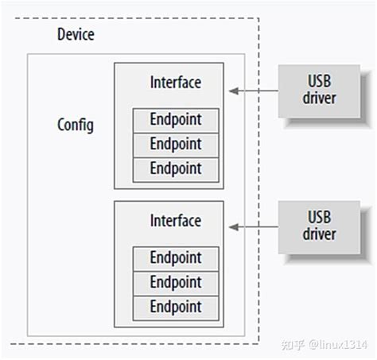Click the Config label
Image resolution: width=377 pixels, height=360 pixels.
pyautogui.click(x=76, y=125)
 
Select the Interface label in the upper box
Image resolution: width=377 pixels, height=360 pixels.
pyautogui.click(x=175, y=82)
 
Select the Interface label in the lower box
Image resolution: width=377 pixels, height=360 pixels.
pyautogui.click(x=175, y=220)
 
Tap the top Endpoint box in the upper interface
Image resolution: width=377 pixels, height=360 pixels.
pyautogui.click(x=175, y=120)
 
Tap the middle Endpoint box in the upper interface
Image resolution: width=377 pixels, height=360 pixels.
pyautogui.click(x=175, y=144)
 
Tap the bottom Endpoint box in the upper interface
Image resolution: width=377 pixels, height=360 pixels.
pyautogui.click(x=175, y=168)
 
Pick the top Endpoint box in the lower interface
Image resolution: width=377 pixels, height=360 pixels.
pyautogui.click(x=175, y=258)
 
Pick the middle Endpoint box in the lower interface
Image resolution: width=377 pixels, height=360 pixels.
pyautogui.click(x=175, y=282)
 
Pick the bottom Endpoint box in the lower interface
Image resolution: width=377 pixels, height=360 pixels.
pyautogui.click(x=175, y=306)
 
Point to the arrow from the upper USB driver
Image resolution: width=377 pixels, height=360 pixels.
pyautogui.click(x=255, y=91)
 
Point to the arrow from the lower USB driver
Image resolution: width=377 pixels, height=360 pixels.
pyautogui.click(x=255, y=228)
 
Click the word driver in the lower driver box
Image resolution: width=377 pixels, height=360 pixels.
pyautogui.click(x=319, y=234)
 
